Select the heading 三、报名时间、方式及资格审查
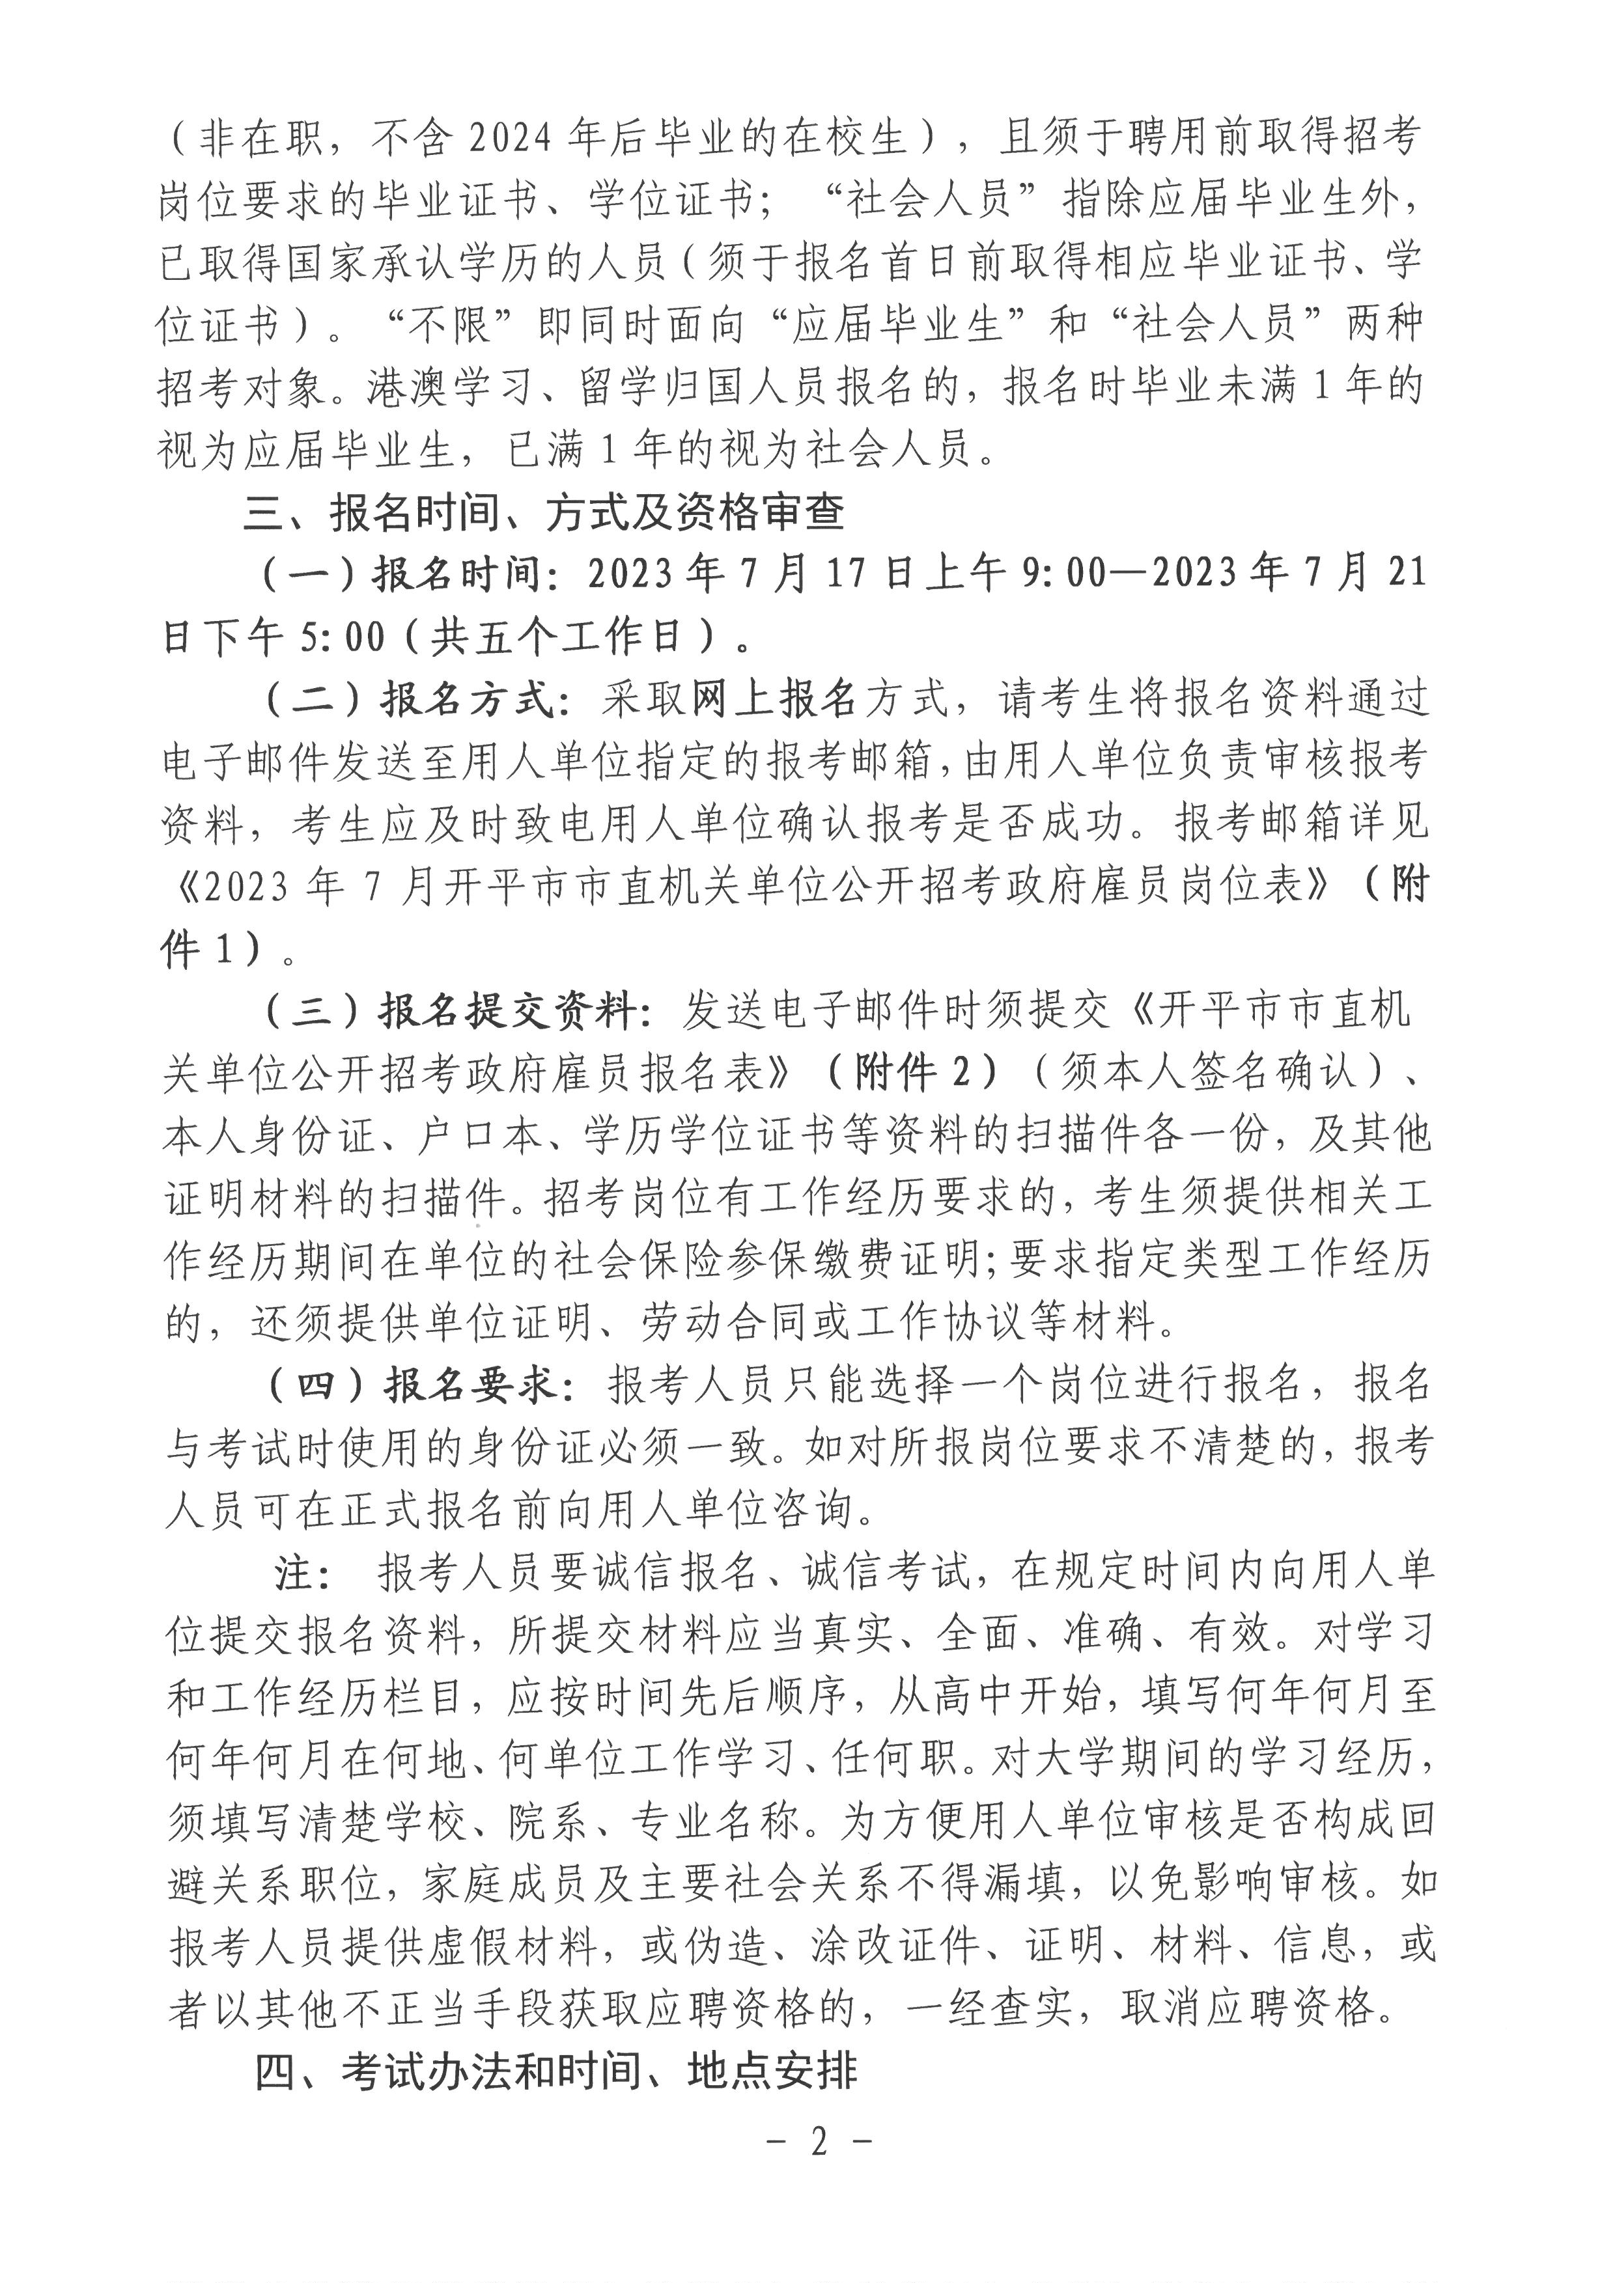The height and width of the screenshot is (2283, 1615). pos(544,513)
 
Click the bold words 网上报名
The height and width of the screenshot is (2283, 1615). pos(775,700)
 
